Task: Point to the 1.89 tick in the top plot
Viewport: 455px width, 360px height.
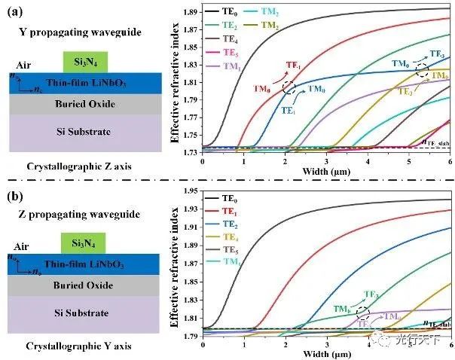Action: (191, 12)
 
